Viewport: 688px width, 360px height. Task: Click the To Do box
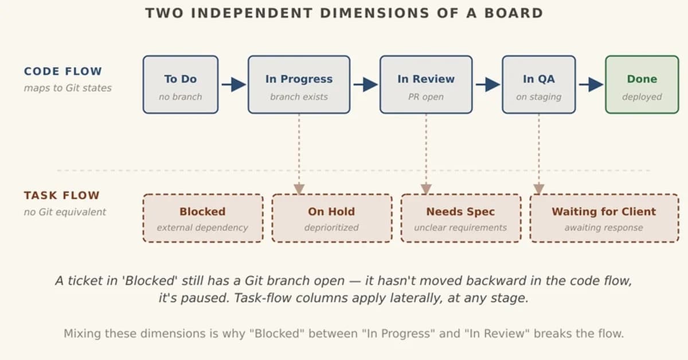(x=180, y=85)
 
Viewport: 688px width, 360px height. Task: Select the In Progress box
(x=299, y=85)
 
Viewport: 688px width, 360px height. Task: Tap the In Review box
(x=425, y=85)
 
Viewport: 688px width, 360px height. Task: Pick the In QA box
(x=538, y=85)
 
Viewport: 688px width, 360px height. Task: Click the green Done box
(x=642, y=85)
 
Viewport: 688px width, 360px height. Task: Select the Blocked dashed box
(x=202, y=218)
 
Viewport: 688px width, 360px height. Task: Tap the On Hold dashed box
(x=331, y=218)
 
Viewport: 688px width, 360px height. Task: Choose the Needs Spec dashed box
(x=460, y=218)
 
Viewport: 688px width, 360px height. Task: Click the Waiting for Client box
(x=604, y=218)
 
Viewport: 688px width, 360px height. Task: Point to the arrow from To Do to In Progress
(x=233, y=85)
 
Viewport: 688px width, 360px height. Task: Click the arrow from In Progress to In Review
(x=365, y=85)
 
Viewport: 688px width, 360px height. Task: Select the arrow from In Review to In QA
(x=487, y=85)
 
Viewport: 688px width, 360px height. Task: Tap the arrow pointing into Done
(x=591, y=85)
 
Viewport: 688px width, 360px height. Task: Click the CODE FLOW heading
(x=62, y=72)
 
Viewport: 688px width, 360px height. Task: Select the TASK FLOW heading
(x=61, y=195)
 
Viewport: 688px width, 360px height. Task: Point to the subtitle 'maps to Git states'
(x=68, y=88)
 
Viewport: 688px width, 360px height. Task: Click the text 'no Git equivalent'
(x=65, y=212)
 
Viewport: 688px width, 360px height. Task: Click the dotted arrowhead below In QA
(x=538, y=189)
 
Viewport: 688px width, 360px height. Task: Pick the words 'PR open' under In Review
(x=425, y=97)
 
